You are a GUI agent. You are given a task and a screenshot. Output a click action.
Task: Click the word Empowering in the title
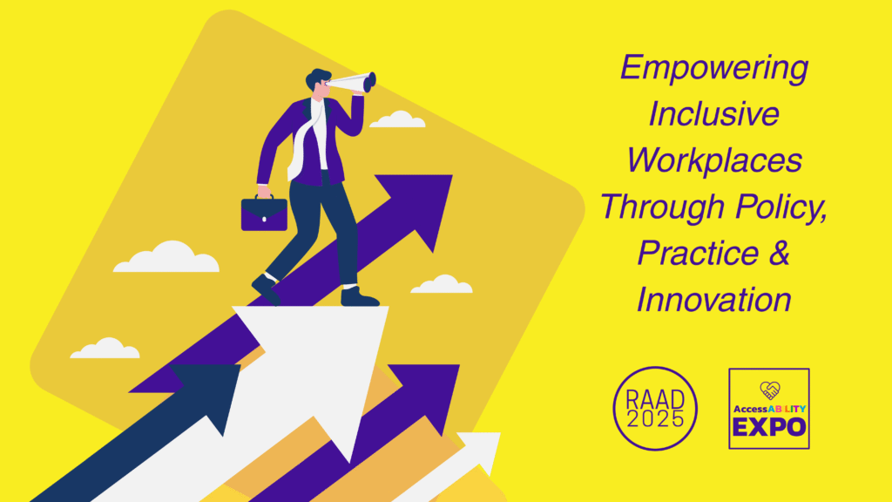click(x=714, y=68)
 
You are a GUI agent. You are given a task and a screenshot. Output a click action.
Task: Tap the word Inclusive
click(x=714, y=113)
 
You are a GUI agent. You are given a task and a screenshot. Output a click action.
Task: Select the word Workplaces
click(x=714, y=160)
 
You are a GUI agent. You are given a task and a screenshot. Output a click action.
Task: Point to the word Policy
click(x=780, y=207)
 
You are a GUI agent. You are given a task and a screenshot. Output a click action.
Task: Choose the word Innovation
click(x=714, y=300)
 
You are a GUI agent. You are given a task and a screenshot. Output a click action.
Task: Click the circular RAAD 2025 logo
click(x=655, y=408)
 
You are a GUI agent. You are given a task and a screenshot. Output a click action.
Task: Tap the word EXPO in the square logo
click(x=769, y=427)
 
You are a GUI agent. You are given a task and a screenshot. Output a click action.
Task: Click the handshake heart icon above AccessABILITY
click(x=770, y=390)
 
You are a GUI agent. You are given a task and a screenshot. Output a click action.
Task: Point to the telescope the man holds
click(x=353, y=83)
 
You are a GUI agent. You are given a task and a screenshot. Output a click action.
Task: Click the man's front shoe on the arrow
click(x=358, y=296)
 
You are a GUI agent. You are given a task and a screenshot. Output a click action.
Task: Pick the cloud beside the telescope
click(x=397, y=119)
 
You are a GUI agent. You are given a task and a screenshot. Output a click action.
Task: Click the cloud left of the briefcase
click(x=166, y=257)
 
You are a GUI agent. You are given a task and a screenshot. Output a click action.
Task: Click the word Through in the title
click(x=663, y=207)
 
